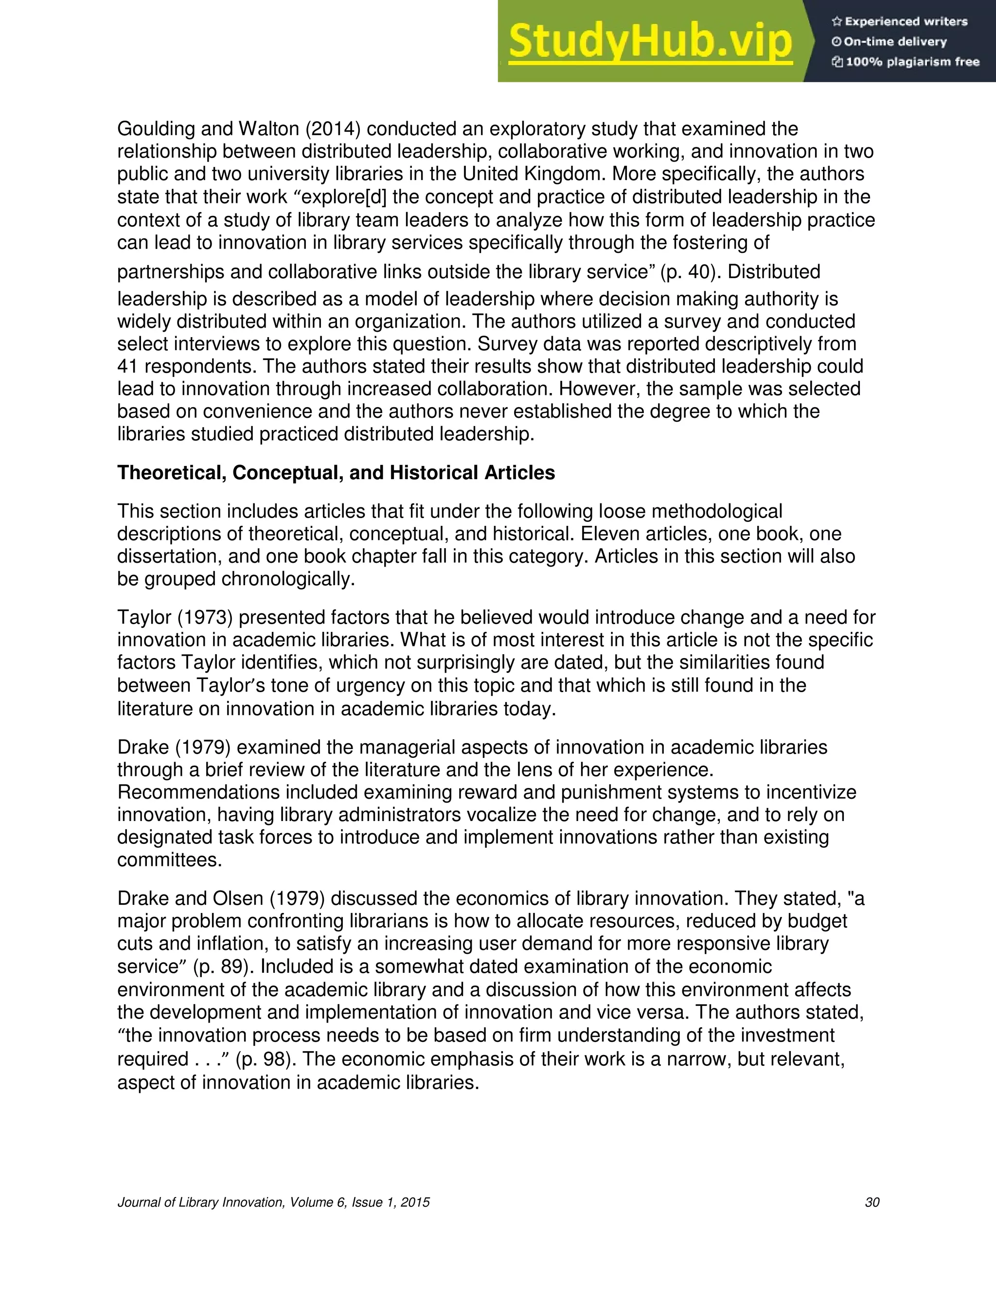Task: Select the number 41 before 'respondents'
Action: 127,367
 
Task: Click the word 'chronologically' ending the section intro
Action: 288,579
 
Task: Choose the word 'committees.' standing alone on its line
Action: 169,860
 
